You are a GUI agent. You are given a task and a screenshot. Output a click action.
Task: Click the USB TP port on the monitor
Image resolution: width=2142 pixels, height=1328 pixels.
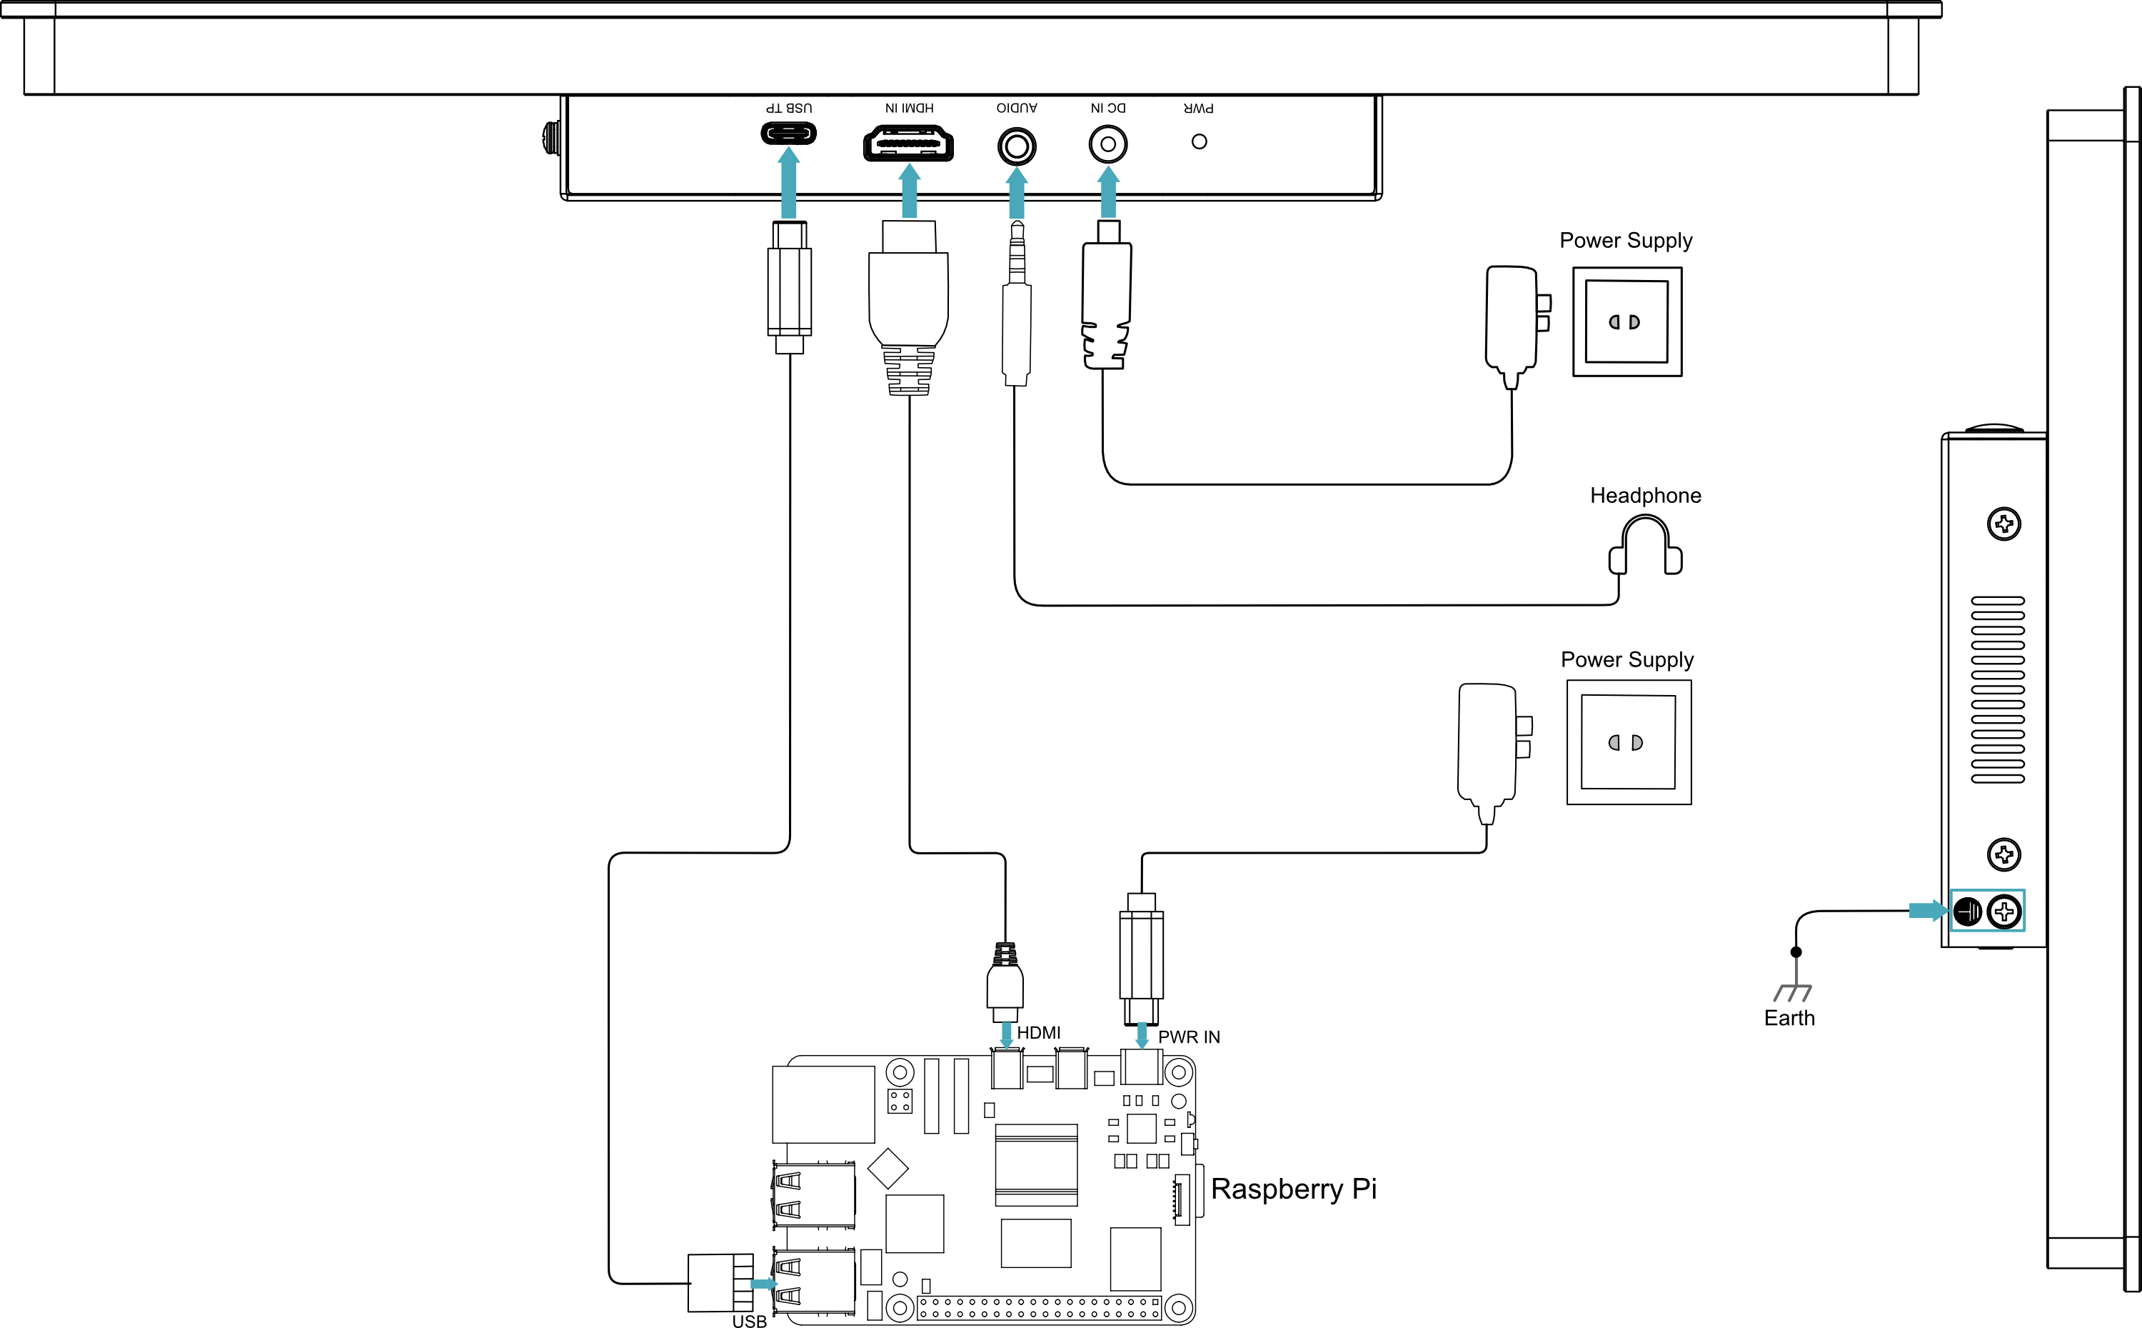click(x=788, y=134)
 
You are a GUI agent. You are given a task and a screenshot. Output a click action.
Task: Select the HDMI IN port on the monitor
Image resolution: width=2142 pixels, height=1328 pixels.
click(x=909, y=143)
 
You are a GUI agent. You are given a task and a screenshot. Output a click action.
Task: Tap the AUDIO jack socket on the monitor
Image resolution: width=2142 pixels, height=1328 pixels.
click(x=1017, y=146)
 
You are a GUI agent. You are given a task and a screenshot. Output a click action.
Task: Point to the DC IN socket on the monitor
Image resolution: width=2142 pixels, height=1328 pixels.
click(x=1108, y=144)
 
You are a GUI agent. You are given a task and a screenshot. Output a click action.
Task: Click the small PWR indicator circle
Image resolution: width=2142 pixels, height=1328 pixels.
click(x=1200, y=141)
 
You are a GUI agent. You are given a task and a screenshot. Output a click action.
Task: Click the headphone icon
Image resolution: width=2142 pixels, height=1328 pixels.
click(x=1645, y=544)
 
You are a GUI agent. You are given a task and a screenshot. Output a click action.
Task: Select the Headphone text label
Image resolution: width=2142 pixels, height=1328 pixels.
click(x=1645, y=495)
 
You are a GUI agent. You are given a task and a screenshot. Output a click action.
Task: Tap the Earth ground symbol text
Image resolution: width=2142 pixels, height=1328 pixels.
click(x=1789, y=1018)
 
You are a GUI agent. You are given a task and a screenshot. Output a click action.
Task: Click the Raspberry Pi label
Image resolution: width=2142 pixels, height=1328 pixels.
click(x=1293, y=1189)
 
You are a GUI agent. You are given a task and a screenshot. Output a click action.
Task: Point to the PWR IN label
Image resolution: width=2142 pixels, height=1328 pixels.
click(x=1189, y=1037)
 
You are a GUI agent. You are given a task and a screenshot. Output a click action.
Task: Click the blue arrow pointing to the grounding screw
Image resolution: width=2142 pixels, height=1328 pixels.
click(x=1929, y=911)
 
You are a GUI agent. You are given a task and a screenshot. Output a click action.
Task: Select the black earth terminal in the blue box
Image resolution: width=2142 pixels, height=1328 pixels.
click(x=1968, y=912)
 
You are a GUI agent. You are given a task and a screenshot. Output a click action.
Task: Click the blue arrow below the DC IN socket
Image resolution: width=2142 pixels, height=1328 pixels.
click(x=1109, y=191)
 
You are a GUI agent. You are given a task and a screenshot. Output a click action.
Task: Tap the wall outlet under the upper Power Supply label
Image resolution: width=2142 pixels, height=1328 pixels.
click(x=1626, y=321)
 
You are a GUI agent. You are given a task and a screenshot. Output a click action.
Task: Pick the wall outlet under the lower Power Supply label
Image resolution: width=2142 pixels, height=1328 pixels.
click(x=1629, y=742)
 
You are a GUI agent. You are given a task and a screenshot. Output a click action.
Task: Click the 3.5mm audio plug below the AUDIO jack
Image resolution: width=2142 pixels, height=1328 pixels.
click(x=1017, y=303)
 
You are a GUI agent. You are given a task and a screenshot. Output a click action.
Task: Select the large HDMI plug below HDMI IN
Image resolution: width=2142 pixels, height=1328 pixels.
click(x=909, y=307)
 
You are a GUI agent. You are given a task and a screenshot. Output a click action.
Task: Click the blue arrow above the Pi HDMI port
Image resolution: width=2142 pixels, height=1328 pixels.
click(x=1006, y=1034)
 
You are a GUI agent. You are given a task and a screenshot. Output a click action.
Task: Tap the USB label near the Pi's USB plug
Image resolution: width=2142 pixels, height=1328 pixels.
click(x=749, y=1320)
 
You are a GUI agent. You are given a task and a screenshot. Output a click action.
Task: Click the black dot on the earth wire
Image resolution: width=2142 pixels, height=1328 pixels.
click(x=1796, y=952)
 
